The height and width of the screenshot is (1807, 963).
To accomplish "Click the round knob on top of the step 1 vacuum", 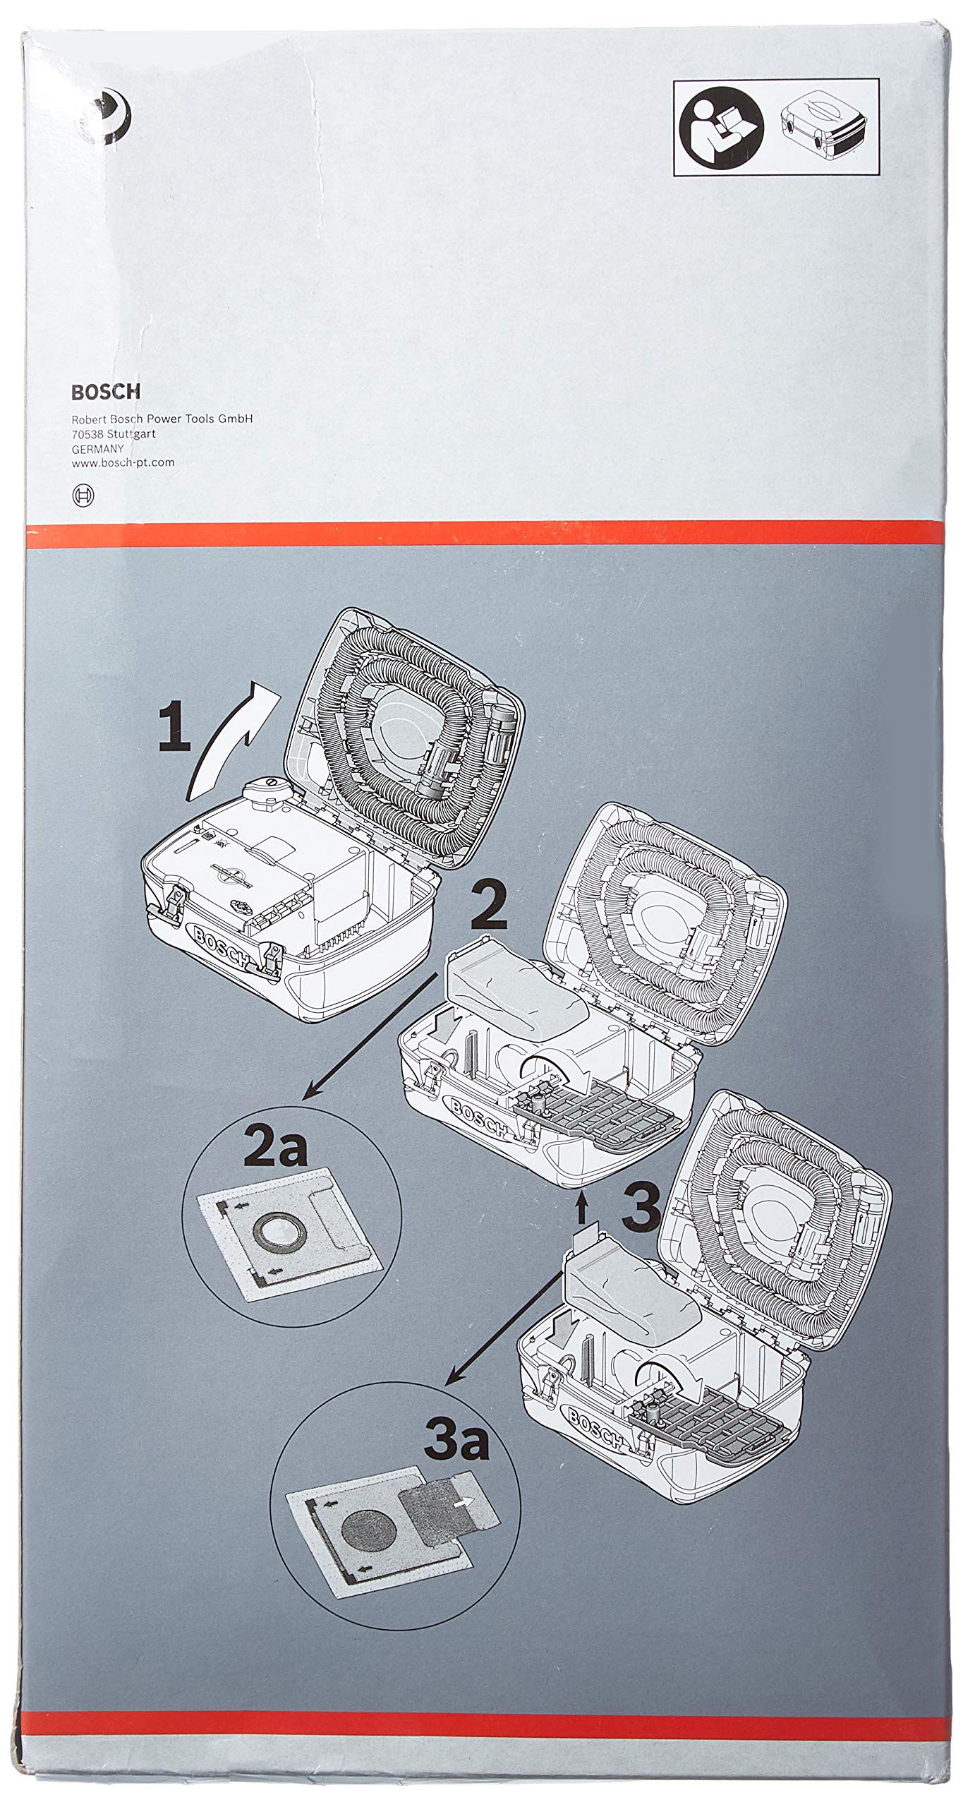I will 267,785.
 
